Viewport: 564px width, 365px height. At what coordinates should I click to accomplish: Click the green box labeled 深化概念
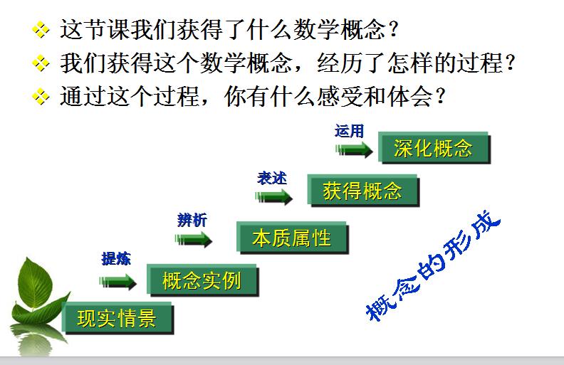coord(434,148)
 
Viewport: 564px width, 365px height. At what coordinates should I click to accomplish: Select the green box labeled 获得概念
coord(363,191)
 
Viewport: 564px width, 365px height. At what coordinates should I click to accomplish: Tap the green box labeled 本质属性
coord(293,238)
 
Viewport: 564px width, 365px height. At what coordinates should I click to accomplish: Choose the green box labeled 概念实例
coord(202,280)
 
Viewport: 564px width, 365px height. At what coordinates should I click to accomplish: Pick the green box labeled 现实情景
coord(117,318)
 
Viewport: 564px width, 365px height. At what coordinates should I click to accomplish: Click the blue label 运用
coord(349,131)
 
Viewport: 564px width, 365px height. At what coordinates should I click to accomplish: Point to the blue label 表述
coord(272,179)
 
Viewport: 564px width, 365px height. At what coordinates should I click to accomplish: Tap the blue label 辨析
coord(192,220)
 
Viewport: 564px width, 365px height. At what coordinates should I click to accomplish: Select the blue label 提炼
coord(116,259)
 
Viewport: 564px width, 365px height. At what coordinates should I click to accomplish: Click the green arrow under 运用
coord(354,150)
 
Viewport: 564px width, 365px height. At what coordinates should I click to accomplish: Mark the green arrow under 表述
coord(273,197)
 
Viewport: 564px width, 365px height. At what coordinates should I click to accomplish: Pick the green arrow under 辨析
coord(194,240)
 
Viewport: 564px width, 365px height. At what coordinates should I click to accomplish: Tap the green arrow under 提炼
coord(118,282)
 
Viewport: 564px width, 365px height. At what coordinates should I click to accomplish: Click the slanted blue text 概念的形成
coord(433,266)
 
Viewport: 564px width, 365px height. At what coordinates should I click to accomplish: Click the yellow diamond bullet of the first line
coord(41,29)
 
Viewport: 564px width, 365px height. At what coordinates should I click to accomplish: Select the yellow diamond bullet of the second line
coord(41,63)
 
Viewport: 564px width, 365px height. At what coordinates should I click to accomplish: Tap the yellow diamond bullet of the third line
coord(41,96)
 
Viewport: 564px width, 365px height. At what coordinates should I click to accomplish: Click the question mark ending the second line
coord(511,63)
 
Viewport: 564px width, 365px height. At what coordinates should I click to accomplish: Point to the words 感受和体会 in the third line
coord(374,96)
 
